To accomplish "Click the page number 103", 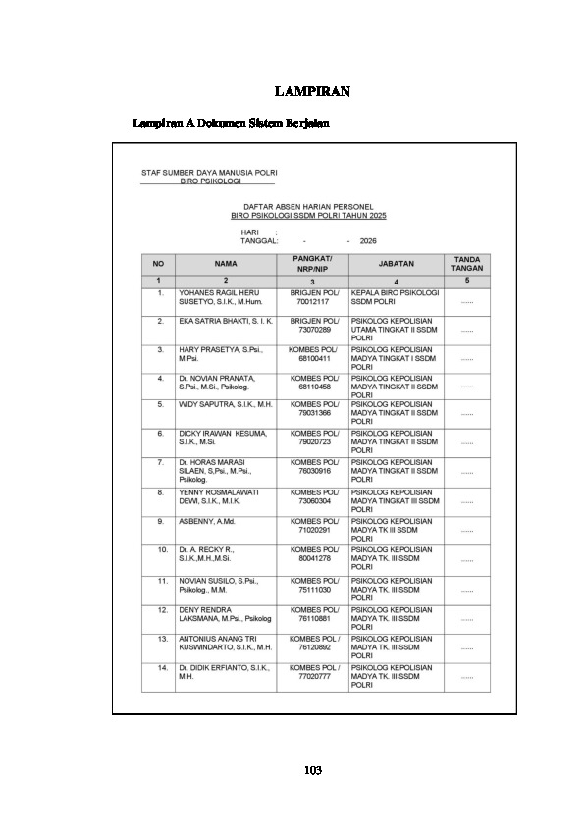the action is (x=313, y=770).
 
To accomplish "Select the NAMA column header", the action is (x=226, y=264).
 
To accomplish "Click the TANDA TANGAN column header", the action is (x=466, y=264).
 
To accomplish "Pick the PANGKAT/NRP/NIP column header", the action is (x=312, y=264).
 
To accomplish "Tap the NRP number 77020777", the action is (x=313, y=677).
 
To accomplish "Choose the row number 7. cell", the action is (x=159, y=460).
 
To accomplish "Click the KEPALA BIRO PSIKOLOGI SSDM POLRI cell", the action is (x=395, y=298).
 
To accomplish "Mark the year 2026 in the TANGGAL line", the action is (x=368, y=240).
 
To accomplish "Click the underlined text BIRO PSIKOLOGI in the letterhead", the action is (x=210, y=181).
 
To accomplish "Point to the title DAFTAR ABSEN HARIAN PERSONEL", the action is (x=309, y=207).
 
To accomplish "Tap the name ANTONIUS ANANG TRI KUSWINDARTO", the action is (x=225, y=644).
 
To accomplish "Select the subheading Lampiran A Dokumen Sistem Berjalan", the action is (x=231, y=124).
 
